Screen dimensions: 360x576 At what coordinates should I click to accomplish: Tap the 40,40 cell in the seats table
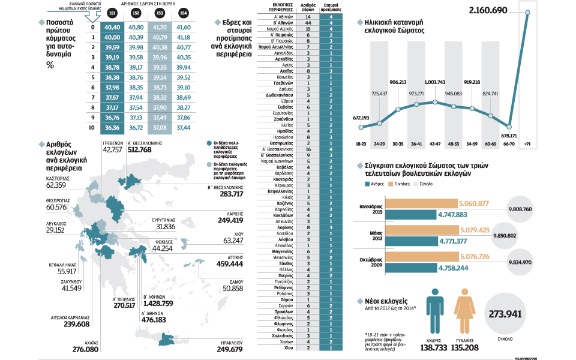112,28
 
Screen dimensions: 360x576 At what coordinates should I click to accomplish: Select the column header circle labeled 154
182,13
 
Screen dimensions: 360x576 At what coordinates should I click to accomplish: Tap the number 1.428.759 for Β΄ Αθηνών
155,304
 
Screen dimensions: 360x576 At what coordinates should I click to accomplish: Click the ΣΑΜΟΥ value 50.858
233,289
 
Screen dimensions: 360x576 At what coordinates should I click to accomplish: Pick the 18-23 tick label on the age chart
361,144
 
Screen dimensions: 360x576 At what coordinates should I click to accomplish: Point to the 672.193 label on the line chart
361,118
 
